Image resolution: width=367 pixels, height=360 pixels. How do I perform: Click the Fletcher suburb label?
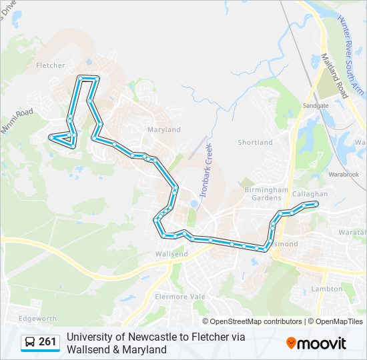click(51, 65)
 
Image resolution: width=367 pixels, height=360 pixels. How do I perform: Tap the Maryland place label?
click(164, 129)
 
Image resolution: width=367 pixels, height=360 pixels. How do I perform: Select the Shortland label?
click(255, 143)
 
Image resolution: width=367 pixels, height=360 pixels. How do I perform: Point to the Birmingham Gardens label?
click(266, 193)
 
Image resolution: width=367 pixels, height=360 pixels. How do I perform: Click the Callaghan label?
click(310, 194)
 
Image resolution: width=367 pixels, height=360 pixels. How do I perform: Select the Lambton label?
click(327, 289)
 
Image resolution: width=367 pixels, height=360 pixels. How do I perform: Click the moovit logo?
click(316, 343)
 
